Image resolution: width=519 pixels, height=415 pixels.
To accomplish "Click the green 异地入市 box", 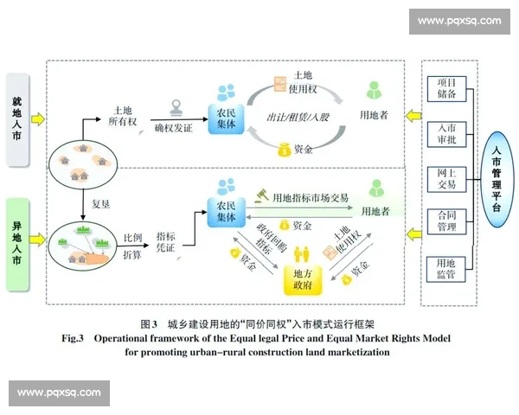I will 18,243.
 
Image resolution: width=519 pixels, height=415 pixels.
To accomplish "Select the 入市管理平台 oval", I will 496,179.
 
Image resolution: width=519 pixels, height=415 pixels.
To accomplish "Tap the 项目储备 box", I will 446,88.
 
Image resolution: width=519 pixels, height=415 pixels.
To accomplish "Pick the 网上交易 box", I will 446,177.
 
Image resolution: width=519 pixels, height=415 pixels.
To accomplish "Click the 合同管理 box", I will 446,222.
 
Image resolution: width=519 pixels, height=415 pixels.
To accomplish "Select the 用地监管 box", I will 446,268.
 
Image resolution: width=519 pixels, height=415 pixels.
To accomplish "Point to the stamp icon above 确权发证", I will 178,111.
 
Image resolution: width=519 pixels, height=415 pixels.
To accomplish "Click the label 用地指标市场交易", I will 310,198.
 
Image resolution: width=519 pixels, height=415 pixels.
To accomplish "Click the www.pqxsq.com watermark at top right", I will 458,21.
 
